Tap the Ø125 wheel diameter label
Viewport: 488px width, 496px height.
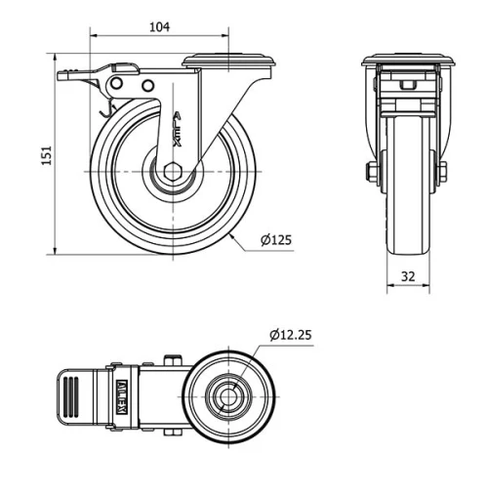point(276,239)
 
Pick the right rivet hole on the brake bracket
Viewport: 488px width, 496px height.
point(147,86)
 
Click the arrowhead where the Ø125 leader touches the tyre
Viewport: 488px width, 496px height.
point(231,234)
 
